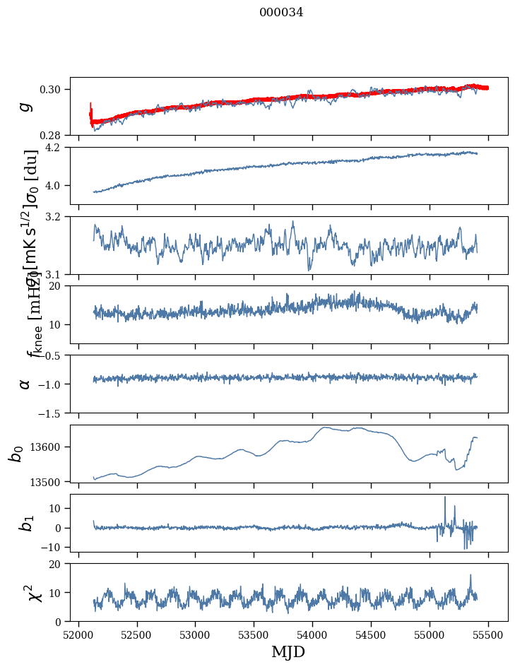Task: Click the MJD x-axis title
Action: tap(288, 651)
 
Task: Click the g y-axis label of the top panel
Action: tap(25, 106)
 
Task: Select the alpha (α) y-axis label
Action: tap(25, 384)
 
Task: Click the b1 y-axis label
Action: tap(25, 523)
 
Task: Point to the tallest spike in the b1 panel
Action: tap(445, 497)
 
